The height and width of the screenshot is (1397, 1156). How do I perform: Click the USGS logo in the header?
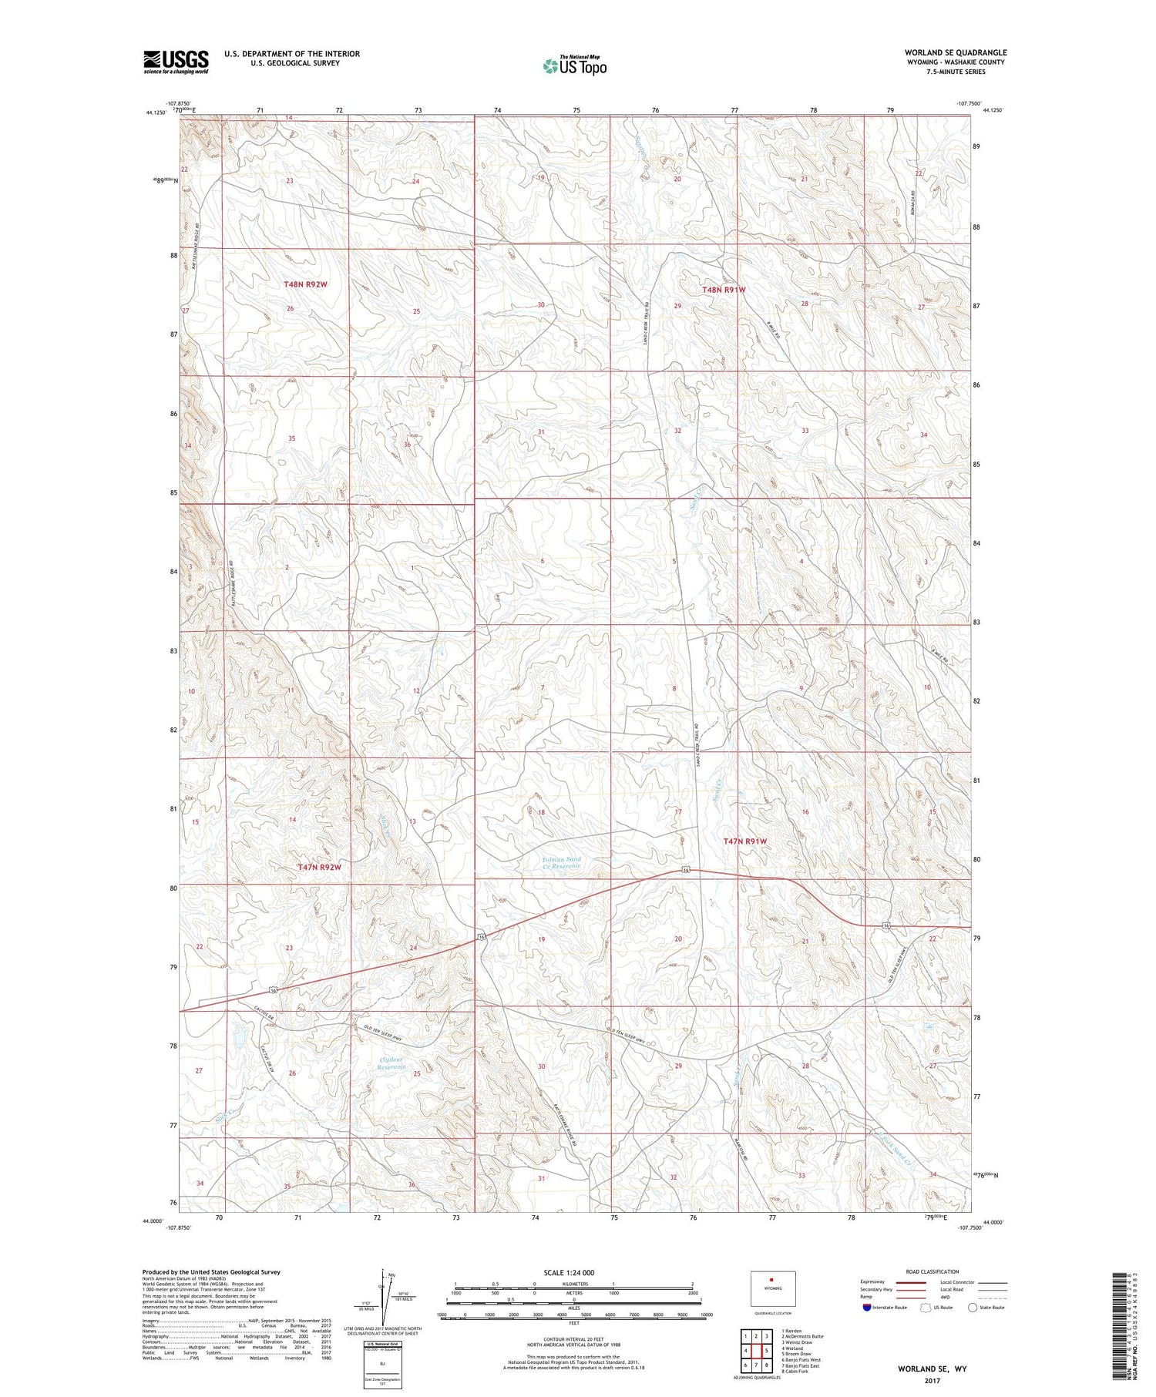(176, 62)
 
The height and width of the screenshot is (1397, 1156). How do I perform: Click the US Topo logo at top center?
(574, 66)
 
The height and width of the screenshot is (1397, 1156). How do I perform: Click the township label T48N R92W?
(305, 284)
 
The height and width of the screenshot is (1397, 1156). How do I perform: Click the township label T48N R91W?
(724, 290)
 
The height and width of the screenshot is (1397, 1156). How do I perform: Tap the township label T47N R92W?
(318, 867)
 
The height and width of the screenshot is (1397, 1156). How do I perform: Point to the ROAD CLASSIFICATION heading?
(933, 1271)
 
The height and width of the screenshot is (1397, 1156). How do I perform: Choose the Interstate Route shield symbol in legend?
(867, 1308)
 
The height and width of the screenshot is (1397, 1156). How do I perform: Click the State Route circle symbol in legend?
(973, 1308)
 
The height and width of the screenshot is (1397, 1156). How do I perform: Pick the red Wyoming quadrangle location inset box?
(773, 1287)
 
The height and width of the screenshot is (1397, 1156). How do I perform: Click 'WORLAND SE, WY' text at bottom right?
(931, 1369)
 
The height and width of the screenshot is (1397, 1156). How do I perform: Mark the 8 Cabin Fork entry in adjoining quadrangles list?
(795, 1372)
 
